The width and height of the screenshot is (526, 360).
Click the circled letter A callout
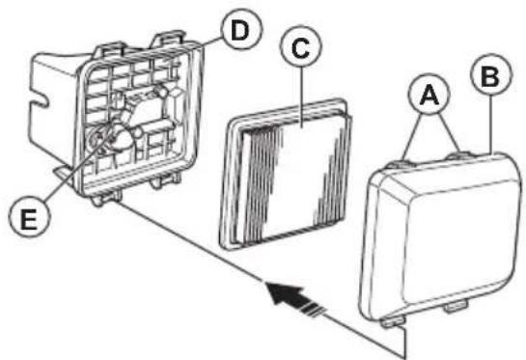[x=429, y=95]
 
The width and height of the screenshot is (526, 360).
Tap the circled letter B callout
[x=491, y=75]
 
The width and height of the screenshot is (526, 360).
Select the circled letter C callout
[x=300, y=46]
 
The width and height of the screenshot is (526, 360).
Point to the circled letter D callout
[x=241, y=29]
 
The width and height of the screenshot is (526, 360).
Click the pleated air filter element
[x=286, y=175]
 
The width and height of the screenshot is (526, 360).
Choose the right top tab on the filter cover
[x=459, y=156]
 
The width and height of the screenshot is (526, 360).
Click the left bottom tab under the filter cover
[x=393, y=322]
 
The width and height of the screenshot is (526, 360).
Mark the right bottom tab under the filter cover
[x=456, y=306]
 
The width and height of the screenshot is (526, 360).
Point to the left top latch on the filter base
[x=110, y=49]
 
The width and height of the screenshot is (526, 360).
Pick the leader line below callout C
[x=301, y=97]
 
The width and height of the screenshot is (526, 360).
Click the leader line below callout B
[x=491, y=125]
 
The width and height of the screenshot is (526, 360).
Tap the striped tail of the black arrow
[x=312, y=308]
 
